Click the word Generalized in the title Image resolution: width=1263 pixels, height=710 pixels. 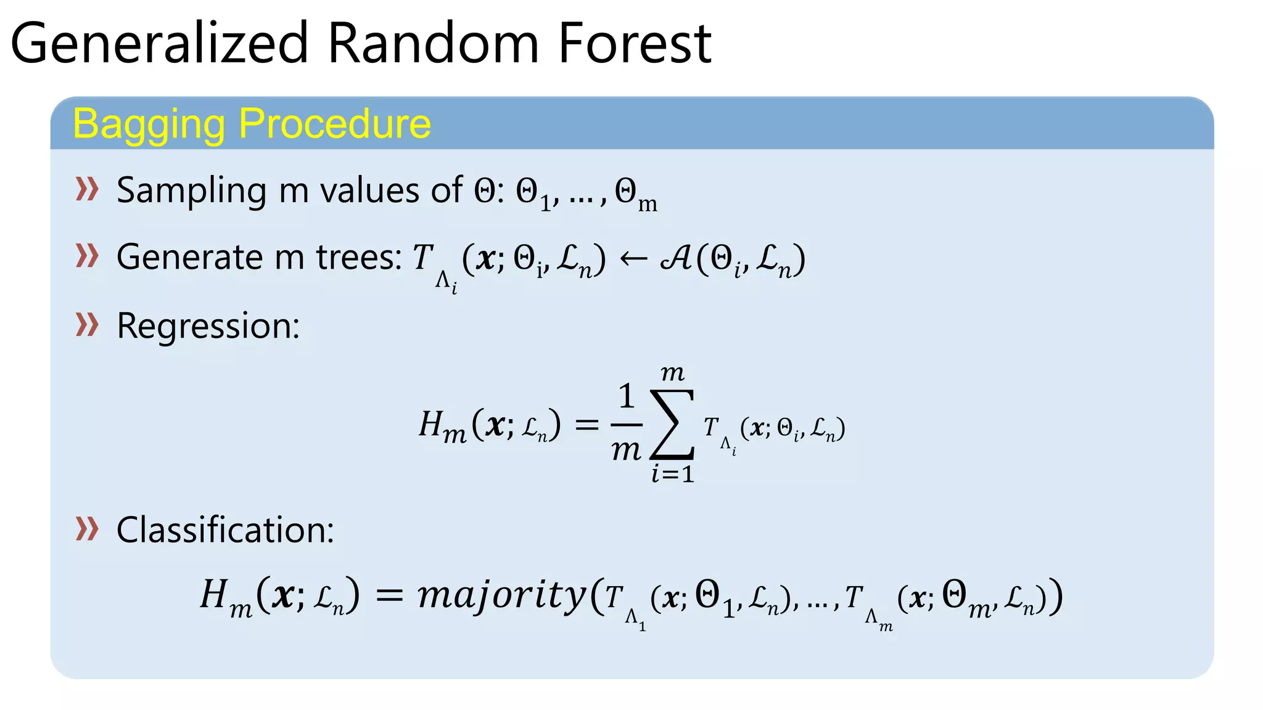(x=159, y=43)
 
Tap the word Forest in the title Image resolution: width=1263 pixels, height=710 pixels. (x=635, y=43)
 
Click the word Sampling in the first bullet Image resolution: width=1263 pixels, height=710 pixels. (x=192, y=191)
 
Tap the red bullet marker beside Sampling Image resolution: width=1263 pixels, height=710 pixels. (x=87, y=189)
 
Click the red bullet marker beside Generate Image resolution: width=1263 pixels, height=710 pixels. (x=87, y=256)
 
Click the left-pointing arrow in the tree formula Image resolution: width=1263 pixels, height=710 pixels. (x=633, y=259)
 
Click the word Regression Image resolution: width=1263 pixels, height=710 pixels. (x=208, y=325)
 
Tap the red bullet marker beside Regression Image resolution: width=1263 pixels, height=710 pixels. (x=87, y=324)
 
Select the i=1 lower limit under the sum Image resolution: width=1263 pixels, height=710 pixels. (x=673, y=474)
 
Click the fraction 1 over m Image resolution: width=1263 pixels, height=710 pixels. (x=626, y=423)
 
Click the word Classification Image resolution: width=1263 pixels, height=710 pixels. (x=225, y=530)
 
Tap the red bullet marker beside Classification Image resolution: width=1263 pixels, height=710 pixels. (x=87, y=529)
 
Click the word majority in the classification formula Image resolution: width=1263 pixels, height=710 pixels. (x=501, y=595)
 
